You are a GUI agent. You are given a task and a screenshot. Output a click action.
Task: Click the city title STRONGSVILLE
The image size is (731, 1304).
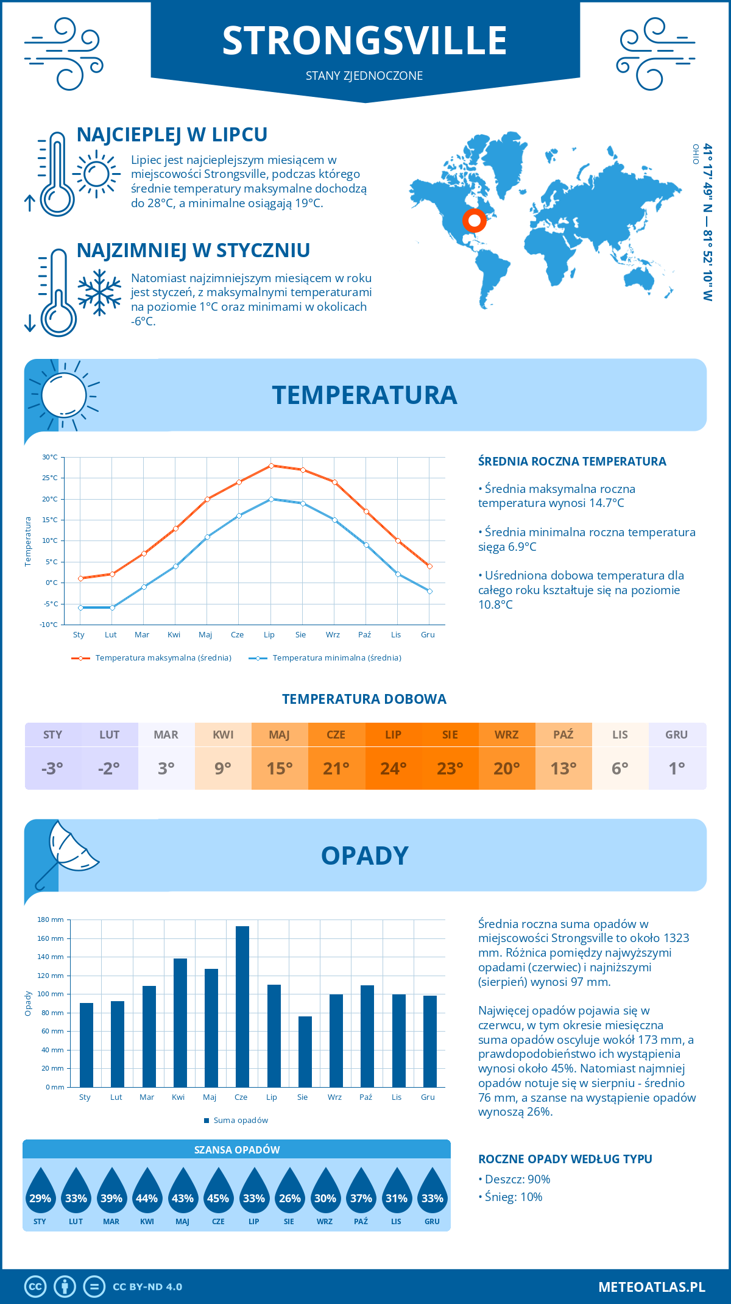tap(364, 41)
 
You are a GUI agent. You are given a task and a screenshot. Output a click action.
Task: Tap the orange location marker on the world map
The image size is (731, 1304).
tap(474, 220)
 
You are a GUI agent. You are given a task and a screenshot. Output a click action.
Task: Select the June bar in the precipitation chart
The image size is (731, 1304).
tap(242, 1006)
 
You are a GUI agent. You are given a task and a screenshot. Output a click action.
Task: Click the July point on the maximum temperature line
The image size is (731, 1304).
tap(271, 466)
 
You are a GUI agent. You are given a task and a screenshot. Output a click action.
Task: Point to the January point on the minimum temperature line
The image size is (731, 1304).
tap(80, 608)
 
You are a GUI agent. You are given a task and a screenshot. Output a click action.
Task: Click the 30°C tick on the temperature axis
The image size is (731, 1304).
tap(50, 457)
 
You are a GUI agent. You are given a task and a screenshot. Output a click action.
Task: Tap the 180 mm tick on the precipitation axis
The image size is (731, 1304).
tap(51, 920)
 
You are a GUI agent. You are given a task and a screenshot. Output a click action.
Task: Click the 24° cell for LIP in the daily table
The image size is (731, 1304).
tap(393, 768)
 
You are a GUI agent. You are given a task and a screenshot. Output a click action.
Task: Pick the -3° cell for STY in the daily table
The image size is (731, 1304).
tap(52, 768)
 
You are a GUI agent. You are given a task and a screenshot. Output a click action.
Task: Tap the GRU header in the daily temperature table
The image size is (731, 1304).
tap(676, 735)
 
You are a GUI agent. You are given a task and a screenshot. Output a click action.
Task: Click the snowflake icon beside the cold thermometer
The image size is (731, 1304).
tap(99, 292)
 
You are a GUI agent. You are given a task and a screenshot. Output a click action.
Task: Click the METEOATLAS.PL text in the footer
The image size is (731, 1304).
tap(651, 1286)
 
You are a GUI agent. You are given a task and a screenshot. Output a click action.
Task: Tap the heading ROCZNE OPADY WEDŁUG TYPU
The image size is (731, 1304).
tap(565, 1159)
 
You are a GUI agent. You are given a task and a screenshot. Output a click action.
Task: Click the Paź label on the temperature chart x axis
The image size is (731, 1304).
tap(364, 635)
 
